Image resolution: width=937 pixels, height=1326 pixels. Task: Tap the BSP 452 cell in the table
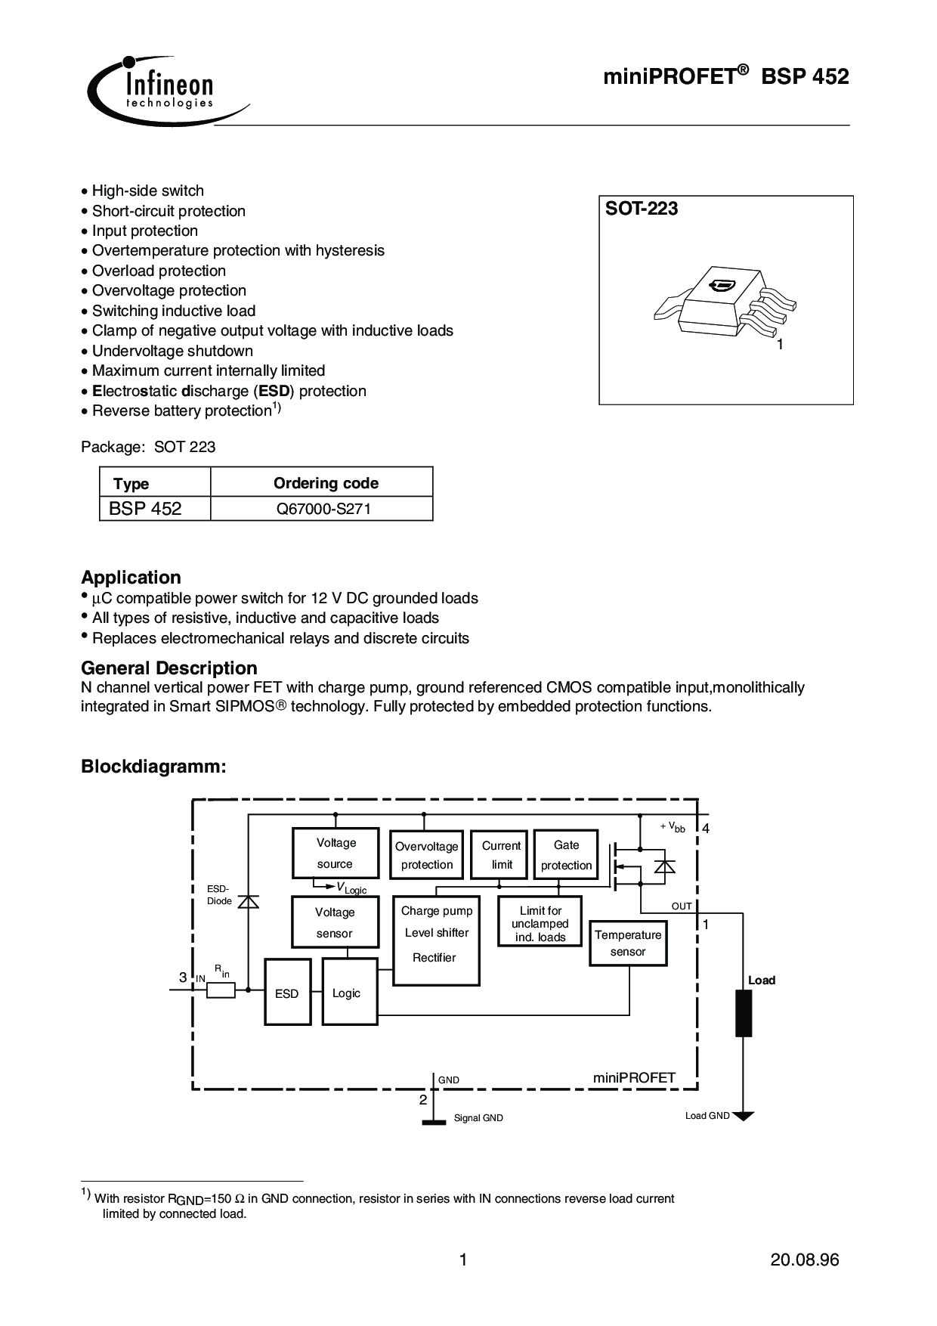pos(146,509)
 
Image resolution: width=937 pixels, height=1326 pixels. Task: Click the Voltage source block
pos(336,854)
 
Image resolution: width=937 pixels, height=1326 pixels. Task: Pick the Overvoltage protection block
pos(426,855)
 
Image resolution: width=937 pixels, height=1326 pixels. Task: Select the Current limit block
pos(501,855)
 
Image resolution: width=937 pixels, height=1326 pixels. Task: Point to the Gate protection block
pos(566,855)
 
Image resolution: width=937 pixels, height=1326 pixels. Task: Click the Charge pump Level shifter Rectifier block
pos(436,940)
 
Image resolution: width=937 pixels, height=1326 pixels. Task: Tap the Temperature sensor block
pos(628,943)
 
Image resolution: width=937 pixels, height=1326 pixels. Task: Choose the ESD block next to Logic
pos(287,992)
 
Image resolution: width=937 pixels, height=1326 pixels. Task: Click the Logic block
pos(350,992)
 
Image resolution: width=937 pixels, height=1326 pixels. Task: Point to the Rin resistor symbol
pos(221,990)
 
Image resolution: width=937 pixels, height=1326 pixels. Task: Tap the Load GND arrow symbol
pos(744,1116)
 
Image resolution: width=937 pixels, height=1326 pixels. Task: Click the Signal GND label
pos(478,1118)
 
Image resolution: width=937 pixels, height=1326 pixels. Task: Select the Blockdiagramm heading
pos(153,767)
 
